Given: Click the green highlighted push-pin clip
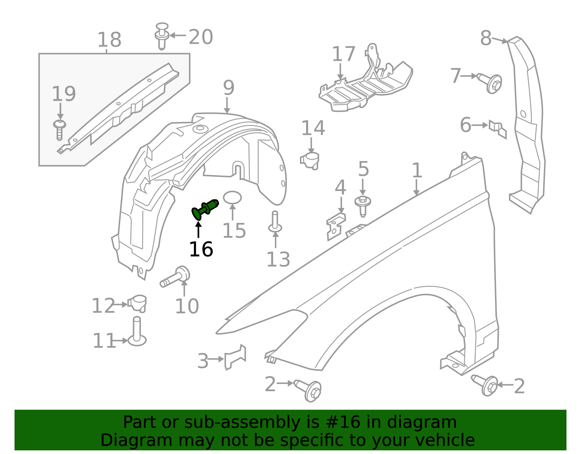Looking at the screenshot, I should click(x=205, y=209).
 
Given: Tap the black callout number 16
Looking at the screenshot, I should click(x=201, y=249).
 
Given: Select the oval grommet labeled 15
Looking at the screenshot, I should click(x=232, y=198).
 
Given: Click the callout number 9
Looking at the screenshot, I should click(x=229, y=88).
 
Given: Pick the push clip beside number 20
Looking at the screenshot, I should click(x=162, y=36).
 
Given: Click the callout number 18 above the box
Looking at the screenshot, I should click(x=109, y=40).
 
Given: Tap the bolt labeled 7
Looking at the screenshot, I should click(x=490, y=83).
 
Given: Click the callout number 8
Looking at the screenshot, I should click(x=485, y=38).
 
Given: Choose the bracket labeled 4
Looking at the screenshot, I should click(x=336, y=226).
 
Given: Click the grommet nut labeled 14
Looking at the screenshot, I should click(x=310, y=160).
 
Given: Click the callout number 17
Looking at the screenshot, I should click(x=343, y=54).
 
